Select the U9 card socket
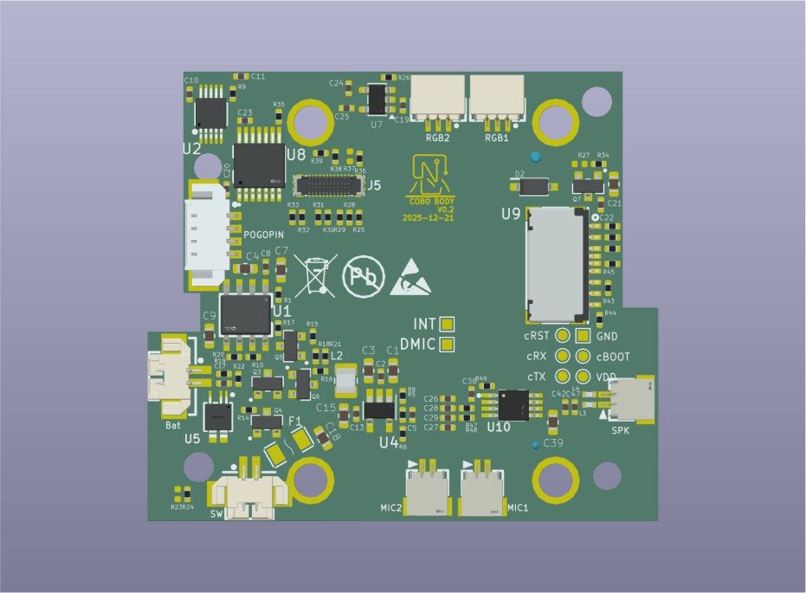click(557, 262)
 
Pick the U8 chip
click(259, 164)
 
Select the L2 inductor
click(345, 379)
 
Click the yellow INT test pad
click(448, 324)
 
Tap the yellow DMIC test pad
click(448, 345)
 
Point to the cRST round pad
click(562, 336)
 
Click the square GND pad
click(583, 336)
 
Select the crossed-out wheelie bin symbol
click(314, 274)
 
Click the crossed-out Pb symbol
click(359, 275)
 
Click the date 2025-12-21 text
click(429, 218)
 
